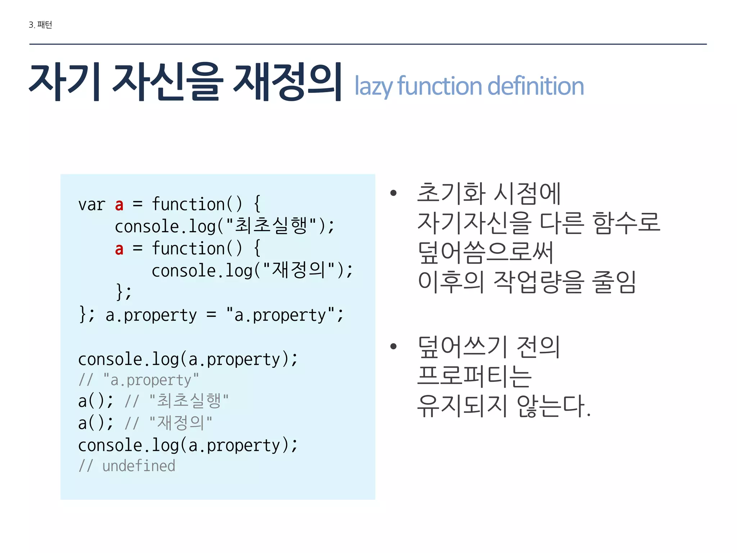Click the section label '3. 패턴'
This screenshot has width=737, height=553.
(x=40, y=25)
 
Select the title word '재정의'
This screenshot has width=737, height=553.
(x=287, y=82)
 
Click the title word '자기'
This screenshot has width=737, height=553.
(x=65, y=82)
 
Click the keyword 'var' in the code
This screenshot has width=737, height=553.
(x=91, y=204)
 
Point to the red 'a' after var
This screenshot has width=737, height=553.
(x=119, y=204)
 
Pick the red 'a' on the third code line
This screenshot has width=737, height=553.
(x=119, y=249)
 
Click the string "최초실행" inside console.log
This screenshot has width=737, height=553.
(x=271, y=226)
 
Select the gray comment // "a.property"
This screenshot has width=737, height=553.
(x=139, y=380)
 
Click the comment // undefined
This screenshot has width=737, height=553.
(x=127, y=466)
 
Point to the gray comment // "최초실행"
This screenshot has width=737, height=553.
(x=176, y=401)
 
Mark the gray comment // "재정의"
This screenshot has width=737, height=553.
(x=168, y=423)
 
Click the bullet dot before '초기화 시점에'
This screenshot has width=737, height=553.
(x=393, y=193)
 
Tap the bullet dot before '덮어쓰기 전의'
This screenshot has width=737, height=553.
(x=393, y=347)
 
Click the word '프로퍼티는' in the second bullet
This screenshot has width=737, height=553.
(x=474, y=376)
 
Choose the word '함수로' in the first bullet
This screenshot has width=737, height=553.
(x=626, y=222)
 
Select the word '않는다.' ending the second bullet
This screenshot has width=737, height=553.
(x=553, y=406)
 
